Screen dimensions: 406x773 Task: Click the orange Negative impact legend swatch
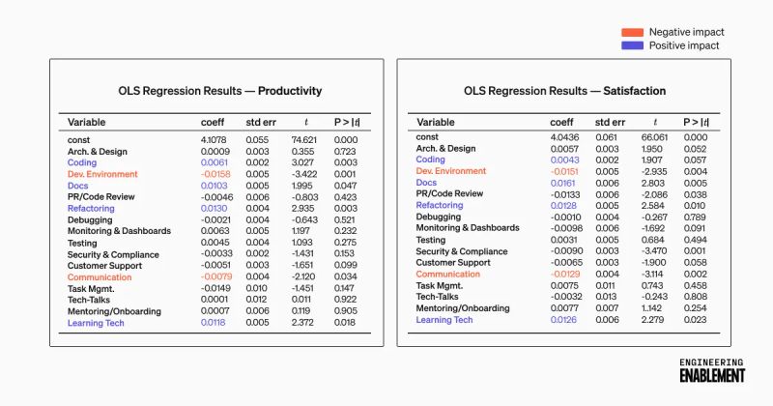pos(631,32)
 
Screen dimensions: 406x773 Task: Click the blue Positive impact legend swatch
pos(631,45)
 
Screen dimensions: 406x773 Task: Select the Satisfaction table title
pos(564,90)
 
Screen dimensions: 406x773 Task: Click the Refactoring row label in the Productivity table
pos(91,208)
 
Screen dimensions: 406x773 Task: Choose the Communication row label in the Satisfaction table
pos(448,274)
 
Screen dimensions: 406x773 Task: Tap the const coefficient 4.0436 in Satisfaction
pos(565,137)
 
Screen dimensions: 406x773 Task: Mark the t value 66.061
pos(655,137)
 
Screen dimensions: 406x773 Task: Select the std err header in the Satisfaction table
pos(610,123)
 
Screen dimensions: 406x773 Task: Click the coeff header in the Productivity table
pos(212,123)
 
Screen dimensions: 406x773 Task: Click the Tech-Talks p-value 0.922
pos(345,300)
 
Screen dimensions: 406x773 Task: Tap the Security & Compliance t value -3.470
pos(654,251)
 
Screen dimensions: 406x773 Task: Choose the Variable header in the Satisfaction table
pos(436,123)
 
